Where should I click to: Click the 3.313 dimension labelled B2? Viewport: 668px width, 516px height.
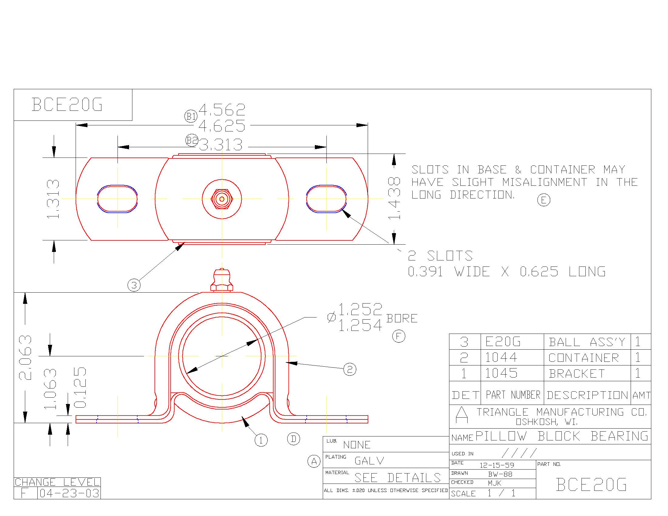[x=221, y=145]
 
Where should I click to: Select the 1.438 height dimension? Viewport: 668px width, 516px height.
[x=394, y=198]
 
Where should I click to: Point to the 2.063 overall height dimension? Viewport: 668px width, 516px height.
[x=26, y=357]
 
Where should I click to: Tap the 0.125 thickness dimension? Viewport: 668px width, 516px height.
[x=80, y=387]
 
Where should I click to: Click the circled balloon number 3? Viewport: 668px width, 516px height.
[x=134, y=285]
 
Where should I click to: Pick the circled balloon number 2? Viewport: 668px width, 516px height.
[x=350, y=369]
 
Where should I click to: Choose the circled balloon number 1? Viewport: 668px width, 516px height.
[x=261, y=440]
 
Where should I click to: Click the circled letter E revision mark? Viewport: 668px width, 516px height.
[x=544, y=200]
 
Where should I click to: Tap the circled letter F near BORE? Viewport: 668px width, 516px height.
[x=399, y=336]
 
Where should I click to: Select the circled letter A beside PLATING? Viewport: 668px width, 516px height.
[x=314, y=461]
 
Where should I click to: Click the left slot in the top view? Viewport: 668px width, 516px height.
[x=118, y=199]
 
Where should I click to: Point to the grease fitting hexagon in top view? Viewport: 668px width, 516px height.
[x=222, y=199]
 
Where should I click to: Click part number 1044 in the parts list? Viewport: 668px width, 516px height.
[x=501, y=357]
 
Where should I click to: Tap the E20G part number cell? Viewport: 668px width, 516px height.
[x=503, y=342]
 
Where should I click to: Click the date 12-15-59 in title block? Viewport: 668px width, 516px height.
[x=497, y=465]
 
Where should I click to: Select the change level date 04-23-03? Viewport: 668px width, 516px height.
[x=70, y=493]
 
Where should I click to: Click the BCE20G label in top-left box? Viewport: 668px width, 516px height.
[x=67, y=104]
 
